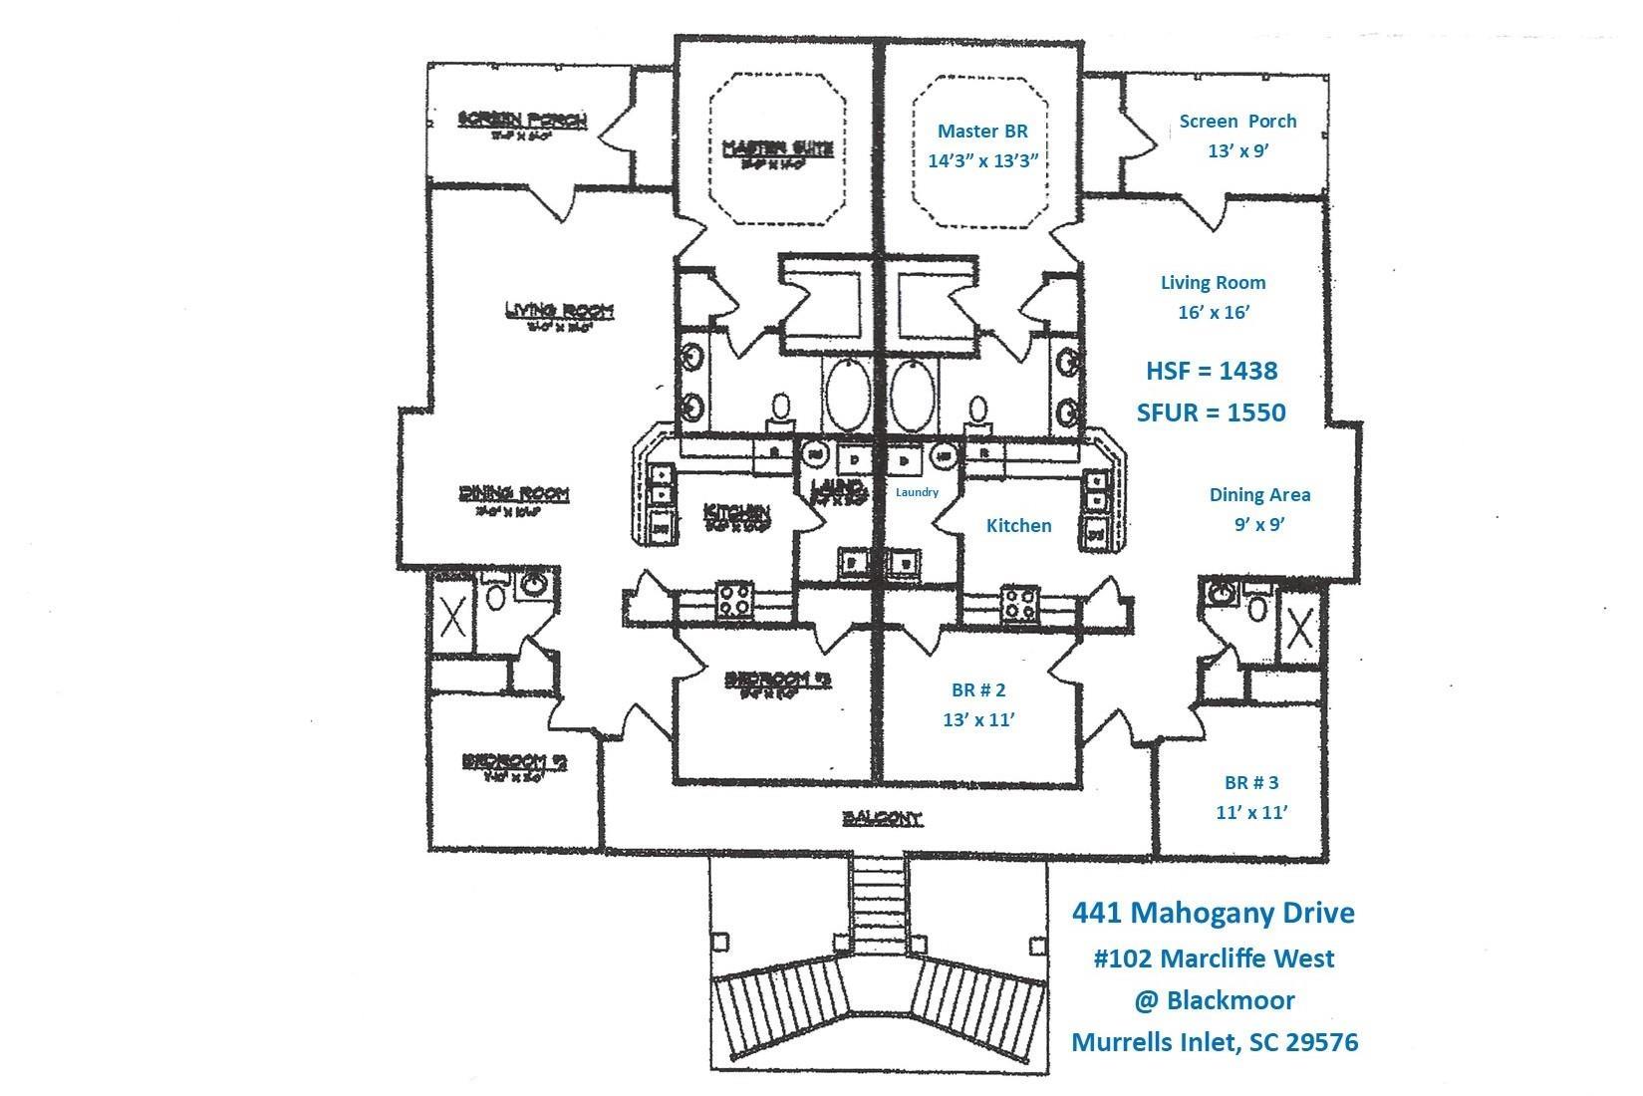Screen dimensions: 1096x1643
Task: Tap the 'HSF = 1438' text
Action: [x=1212, y=371]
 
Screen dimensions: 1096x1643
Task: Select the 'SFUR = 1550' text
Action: [x=1211, y=411]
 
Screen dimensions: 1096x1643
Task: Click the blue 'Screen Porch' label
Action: [x=1237, y=122]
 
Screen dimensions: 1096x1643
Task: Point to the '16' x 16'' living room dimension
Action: [x=1213, y=312]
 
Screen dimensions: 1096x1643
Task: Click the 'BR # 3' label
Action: [x=1251, y=783]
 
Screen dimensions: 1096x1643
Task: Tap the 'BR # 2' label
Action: [x=978, y=689]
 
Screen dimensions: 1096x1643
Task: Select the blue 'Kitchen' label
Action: [x=1018, y=525]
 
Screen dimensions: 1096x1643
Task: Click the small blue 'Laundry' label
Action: [x=917, y=492]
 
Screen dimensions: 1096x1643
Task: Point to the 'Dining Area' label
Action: [x=1259, y=494]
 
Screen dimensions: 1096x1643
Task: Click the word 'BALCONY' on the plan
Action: [x=883, y=819]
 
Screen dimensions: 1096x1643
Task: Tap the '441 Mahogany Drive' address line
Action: [x=1213, y=912]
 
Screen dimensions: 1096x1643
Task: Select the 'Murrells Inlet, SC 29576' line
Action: [x=1214, y=1042]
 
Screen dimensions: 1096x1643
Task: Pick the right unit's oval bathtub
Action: [x=914, y=395]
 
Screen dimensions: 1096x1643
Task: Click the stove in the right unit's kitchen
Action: [x=1021, y=602]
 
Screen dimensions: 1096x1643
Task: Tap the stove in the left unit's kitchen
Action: [x=735, y=601]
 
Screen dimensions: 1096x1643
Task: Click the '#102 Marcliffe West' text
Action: [x=1214, y=959]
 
